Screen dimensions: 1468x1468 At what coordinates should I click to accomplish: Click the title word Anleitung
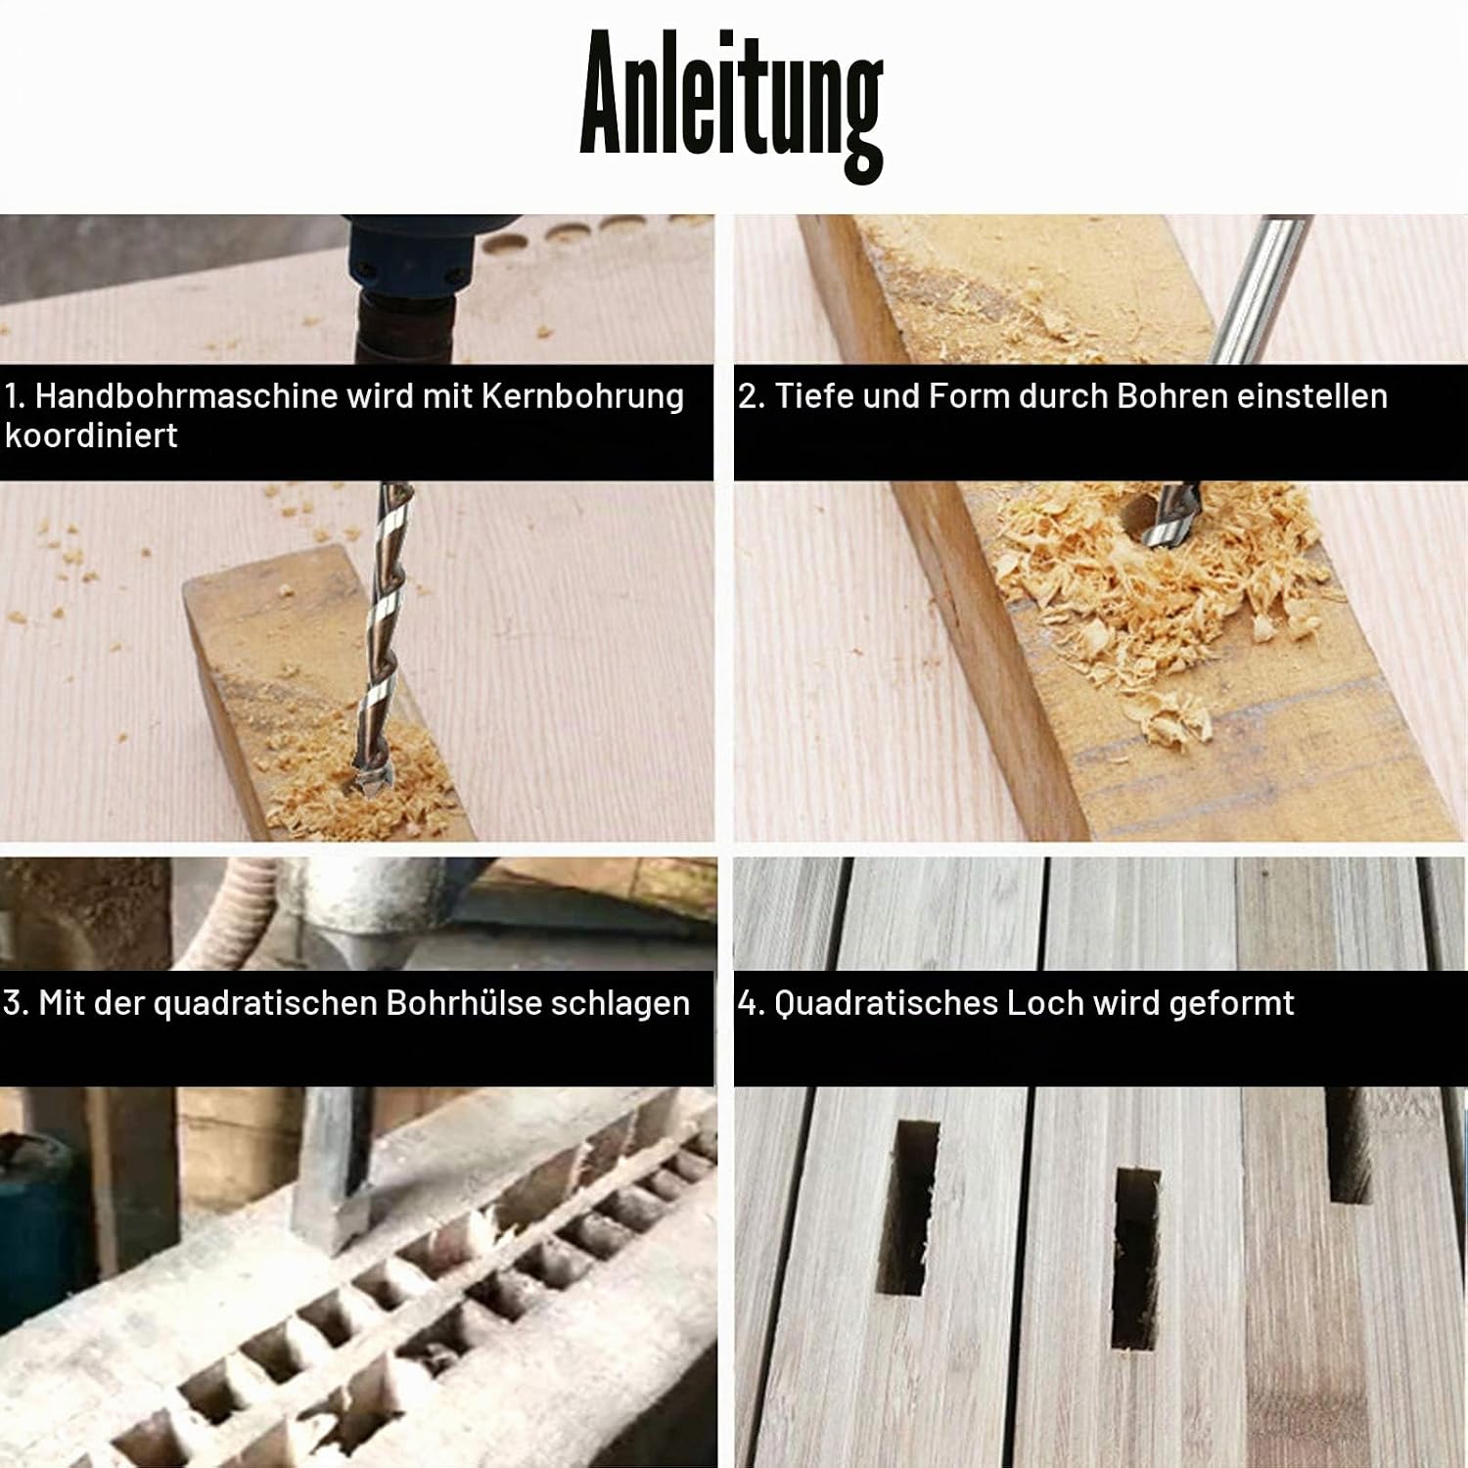pos(732,104)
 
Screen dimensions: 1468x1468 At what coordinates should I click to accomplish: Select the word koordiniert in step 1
pos(91,436)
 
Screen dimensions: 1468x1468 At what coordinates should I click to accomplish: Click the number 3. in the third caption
pos(16,1003)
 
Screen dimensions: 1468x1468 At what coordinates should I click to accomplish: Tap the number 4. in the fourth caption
pos(751,1003)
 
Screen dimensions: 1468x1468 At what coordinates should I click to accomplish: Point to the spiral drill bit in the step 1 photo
pos(384,646)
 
